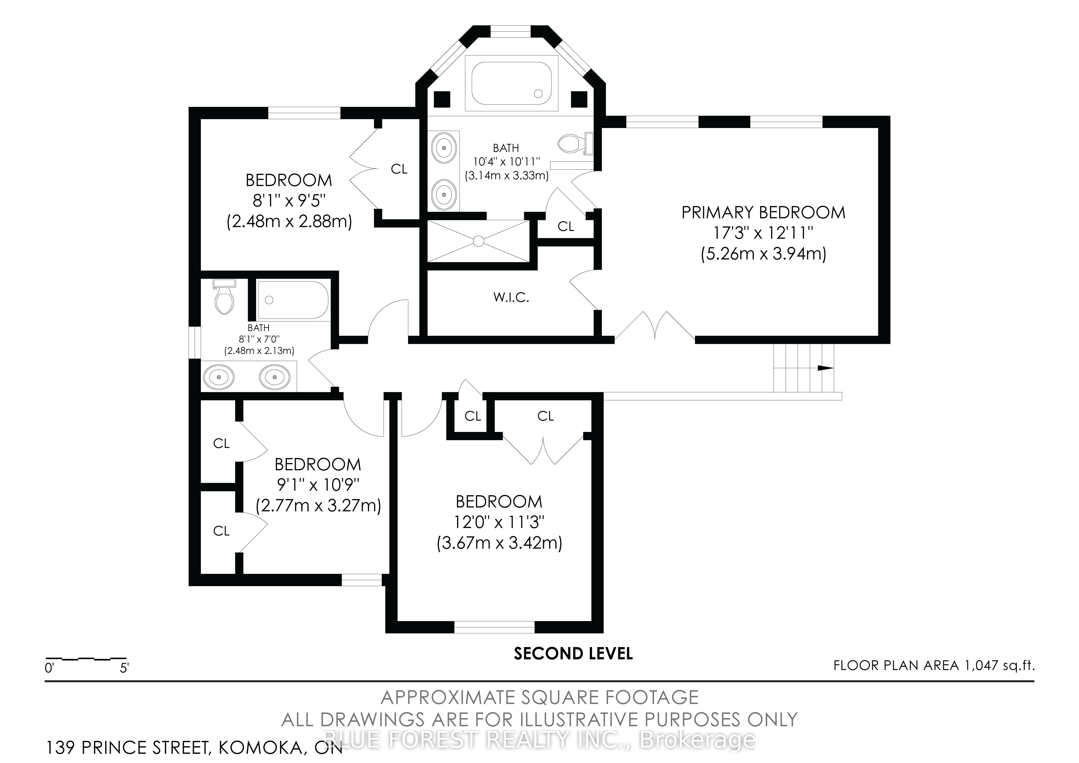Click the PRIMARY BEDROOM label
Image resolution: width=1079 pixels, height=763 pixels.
tap(763, 213)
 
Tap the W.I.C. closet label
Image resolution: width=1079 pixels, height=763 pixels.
tap(511, 297)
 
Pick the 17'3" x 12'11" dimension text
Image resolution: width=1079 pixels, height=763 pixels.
tap(763, 233)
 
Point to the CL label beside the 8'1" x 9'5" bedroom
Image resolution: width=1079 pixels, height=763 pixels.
tap(399, 169)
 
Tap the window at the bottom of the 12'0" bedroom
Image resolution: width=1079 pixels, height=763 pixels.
tap(494, 627)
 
